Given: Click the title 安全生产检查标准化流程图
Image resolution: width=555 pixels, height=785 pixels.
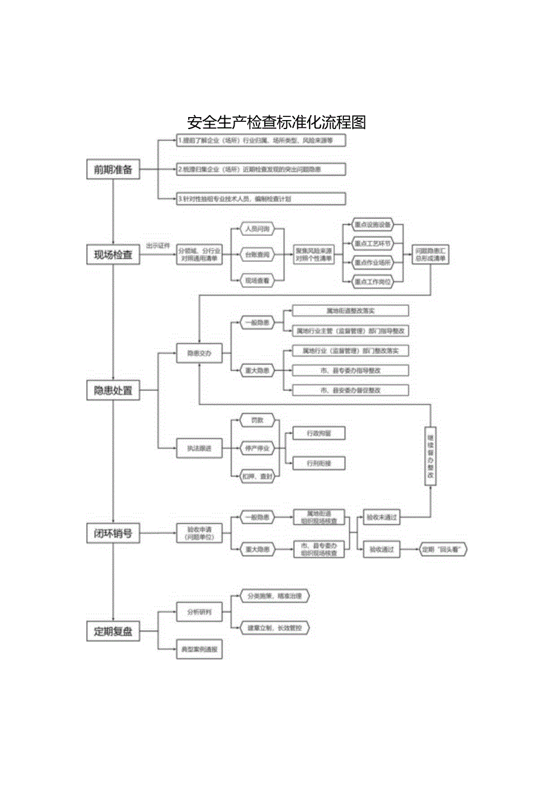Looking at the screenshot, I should coord(277,122).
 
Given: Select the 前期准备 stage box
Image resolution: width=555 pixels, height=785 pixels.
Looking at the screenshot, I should coord(113,170).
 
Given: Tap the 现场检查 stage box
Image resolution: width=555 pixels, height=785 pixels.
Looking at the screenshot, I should coord(113,255).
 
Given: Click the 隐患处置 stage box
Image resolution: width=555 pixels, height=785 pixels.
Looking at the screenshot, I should coord(113,390).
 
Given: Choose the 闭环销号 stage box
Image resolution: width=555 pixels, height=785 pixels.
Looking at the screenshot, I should coord(113,533).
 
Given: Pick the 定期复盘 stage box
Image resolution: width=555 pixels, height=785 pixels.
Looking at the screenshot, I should coord(113,632).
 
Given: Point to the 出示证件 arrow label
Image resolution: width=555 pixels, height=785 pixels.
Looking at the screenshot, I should coord(158,246).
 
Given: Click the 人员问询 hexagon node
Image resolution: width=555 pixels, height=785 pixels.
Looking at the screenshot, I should coord(258,229).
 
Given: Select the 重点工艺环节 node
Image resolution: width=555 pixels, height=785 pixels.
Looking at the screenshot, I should coord(373,244).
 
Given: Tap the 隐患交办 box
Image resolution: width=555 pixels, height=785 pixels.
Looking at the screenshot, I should coord(199,354).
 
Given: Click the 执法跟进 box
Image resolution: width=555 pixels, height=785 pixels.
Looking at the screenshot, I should coord(199,448).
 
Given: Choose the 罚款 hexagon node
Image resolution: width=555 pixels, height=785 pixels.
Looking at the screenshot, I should coord(258,420).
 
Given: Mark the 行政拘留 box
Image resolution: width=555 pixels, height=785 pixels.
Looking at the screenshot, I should coord(318,433).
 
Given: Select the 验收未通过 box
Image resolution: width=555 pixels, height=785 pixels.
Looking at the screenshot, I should coord(381,517).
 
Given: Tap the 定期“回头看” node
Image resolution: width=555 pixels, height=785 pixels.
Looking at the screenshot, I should coord(443,549).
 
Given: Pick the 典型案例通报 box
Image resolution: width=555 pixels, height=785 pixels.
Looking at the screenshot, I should coord(199,650).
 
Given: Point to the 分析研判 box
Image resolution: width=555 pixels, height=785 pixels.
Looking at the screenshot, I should coord(199,612).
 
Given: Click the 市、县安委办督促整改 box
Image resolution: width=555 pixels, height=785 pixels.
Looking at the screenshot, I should coord(350,390).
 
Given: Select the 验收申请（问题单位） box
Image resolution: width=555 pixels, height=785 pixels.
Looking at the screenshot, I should coord(199,533).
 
